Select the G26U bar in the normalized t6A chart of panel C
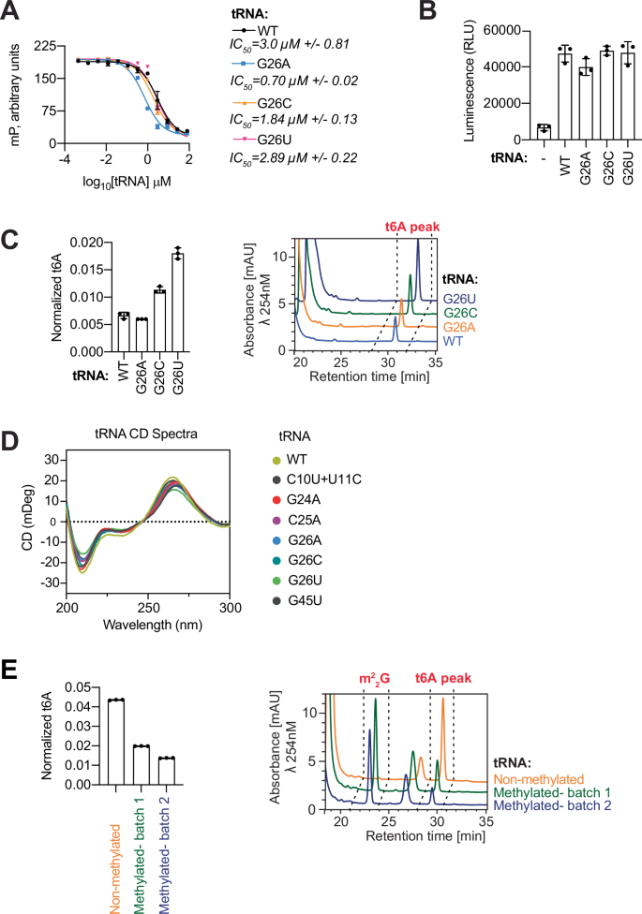(x=177, y=302)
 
